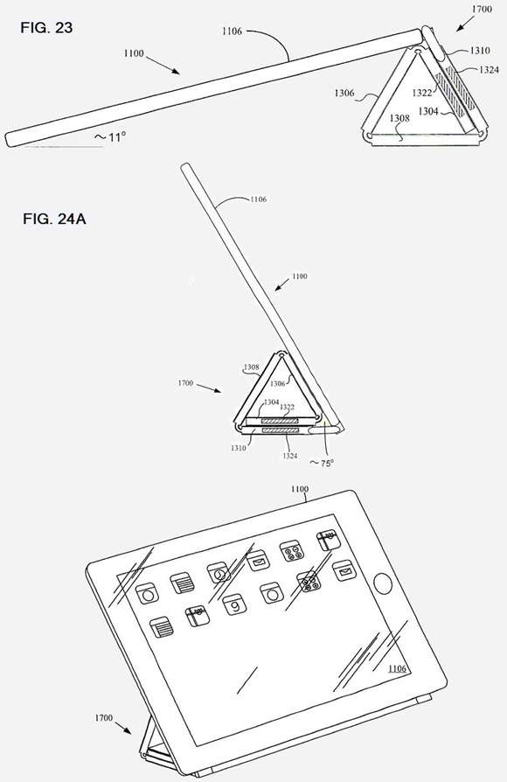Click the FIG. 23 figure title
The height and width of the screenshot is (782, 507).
tap(46, 28)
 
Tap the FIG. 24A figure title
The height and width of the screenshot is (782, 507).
tap(54, 219)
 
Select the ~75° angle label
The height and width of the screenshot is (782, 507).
tap(322, 463)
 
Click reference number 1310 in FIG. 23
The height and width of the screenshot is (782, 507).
tap(480, 51)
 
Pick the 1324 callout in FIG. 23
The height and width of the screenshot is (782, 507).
tap(489, 70)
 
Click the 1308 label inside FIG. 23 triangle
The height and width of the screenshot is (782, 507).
tap(399, 118)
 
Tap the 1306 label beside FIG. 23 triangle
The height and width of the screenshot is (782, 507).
tap(344, 93)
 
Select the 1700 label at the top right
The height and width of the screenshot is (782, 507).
tap(482, 9)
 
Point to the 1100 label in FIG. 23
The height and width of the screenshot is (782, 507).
tap(134, 53)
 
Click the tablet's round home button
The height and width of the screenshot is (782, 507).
tap(382, 583)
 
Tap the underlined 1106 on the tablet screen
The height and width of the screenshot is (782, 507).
tap(397, 668)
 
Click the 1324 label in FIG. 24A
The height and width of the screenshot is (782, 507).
tap(289, 456)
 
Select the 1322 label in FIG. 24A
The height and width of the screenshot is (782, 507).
tap(287, 408)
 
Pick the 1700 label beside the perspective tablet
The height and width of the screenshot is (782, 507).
tap(104, 718)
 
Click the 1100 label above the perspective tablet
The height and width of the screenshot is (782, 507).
tap(300, 489)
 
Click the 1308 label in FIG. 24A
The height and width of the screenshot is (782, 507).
tap(251, 367)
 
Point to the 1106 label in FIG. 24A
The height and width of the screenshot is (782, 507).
tap(258, 199)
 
